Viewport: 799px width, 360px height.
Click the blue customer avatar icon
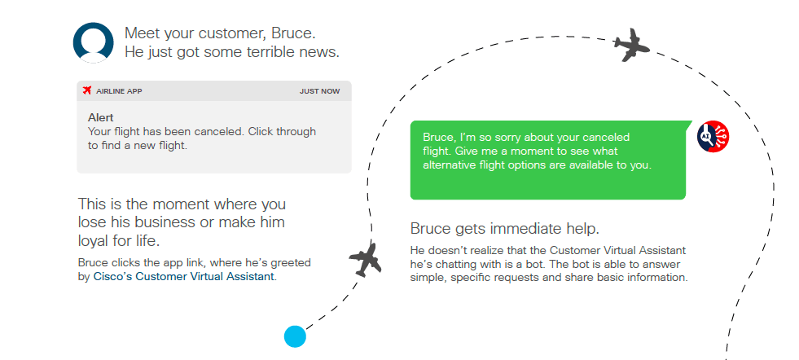(93, 43)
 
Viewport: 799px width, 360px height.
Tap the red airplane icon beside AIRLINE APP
(87, 90)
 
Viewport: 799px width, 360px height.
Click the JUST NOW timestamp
(319, 91)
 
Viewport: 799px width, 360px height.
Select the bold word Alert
(101, 117)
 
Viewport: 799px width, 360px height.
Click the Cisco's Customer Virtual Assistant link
(184, 277)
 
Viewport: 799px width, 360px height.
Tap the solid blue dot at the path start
(295, 336)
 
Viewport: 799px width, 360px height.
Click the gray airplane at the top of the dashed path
(631, 45)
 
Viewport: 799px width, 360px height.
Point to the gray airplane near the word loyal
(366, 260)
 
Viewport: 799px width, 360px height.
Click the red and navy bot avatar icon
(713, 137)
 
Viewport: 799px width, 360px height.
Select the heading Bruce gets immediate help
(504, 229)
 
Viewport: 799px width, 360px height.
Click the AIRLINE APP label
(119, 91)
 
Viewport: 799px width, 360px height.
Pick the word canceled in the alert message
(213, 132)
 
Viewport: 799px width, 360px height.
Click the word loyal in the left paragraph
(94, 240)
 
